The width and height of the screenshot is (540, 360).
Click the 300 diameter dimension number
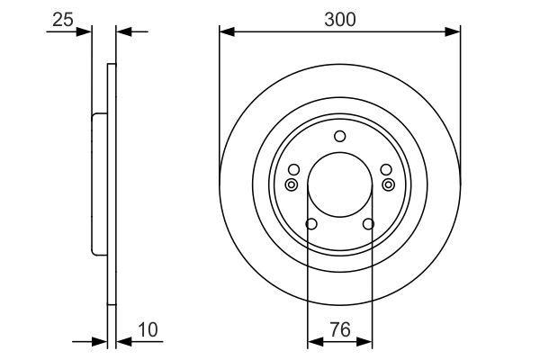click(x=340, y=20)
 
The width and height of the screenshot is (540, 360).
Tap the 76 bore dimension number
click(x=340, y=329)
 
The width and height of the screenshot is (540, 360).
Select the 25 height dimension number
click(x=63, y=20)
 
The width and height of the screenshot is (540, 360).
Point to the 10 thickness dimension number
click(x=148, y=329)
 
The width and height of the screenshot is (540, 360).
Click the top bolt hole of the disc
click(x=340, y=137)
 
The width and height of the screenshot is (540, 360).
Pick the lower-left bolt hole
click(x=311, y=224)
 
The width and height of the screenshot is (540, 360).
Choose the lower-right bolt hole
click(x=368, y=224)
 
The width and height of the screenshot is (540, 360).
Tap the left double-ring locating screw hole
click(x=292, y=184)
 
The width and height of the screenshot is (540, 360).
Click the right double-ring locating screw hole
click(x=389, y=184)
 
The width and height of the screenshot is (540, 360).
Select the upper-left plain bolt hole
click(x=293, y=169)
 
